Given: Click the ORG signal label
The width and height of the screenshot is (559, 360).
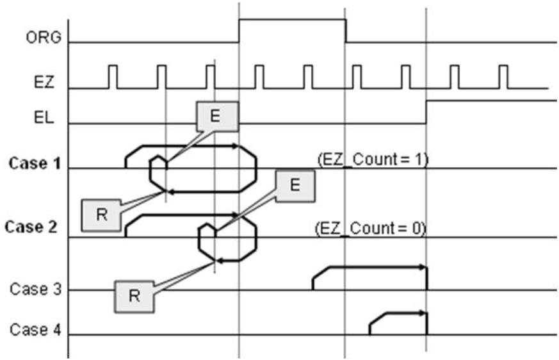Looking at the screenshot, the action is click(x=44, y=37).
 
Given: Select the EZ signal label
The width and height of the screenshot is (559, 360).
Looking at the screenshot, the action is click(x=44, y=82).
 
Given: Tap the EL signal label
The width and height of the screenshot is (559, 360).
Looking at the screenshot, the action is click(x=44, y=117).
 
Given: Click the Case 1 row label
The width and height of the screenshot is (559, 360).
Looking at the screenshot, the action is click(x=35, y=163).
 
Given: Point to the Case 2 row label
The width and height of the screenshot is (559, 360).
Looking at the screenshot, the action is click(x=31, y=227).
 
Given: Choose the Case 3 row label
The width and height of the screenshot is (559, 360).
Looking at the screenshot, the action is click(x=36, y=289).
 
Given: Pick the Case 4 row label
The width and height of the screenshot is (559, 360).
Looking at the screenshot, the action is click(x=36, y=329).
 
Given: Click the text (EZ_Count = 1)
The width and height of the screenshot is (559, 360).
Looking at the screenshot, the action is click(x=373, y=160).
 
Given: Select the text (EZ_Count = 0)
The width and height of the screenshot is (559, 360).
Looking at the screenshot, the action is click(x=371, y=228).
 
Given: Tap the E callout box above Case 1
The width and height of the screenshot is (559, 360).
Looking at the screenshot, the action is click(x=217, y=117).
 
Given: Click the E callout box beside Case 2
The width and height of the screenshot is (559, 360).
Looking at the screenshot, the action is click(x=295, y=186).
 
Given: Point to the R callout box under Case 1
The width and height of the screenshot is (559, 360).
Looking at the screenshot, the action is click(x=102, y=215).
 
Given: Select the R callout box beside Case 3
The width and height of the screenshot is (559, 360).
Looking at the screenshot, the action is click(x=134, y=297).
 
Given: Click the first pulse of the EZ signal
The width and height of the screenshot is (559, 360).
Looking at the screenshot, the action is click(x=112, y=77).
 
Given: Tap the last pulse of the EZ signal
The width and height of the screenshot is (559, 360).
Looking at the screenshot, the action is click(x=503, y=77).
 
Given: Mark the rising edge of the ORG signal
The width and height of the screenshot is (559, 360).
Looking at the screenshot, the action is click(x=239, y=31).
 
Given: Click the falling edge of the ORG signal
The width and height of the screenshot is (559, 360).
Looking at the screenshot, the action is click(x=346, y=31).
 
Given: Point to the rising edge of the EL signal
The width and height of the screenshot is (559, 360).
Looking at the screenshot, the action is click(x=426, y=112).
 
